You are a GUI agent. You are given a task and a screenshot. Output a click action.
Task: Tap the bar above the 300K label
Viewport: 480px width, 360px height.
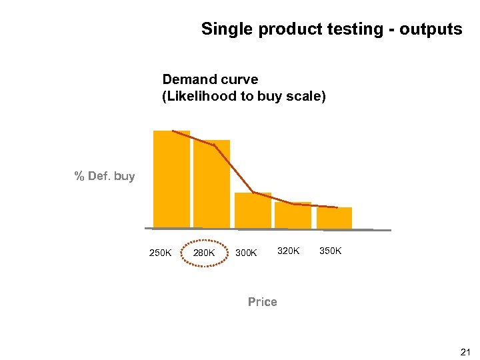[x=253, y=210]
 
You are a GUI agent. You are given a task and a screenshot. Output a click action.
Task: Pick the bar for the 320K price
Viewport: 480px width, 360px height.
[x=293, y=215]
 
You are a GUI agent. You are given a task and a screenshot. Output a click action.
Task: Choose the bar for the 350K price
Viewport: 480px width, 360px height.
[x=334, y=217]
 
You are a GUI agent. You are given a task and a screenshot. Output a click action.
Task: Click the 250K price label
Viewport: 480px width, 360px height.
[x=160, y=253]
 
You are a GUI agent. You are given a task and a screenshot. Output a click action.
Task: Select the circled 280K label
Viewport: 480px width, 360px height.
[x=203, y=253]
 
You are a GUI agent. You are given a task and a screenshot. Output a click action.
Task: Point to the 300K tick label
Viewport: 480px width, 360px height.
[x=246, y=253]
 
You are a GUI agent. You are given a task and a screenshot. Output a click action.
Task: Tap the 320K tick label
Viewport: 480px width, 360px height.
[x=289, y=251]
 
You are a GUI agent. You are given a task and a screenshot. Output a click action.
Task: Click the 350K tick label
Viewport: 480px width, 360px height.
[x=331, y=251]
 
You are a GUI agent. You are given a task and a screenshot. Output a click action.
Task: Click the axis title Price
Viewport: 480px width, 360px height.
[x=262, y=302]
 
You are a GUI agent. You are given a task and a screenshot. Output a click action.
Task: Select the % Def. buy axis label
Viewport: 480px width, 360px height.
[x=104, y=177]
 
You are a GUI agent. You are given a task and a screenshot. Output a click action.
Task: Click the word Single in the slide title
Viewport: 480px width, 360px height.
[x=224, y=29]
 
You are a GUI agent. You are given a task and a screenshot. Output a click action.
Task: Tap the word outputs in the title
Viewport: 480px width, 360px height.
[x=431, y=29]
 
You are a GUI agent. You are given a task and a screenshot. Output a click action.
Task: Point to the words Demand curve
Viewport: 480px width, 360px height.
[x=210, y=80]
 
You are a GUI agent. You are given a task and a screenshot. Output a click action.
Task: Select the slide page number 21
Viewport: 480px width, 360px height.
[x=465, y=351]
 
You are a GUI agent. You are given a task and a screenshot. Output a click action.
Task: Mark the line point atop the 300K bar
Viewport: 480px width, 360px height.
[x=253, y=193]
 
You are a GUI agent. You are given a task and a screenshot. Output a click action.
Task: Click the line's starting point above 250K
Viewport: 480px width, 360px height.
[x=173, y=131]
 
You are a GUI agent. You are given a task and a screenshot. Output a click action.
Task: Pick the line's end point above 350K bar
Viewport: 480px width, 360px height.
[x=337, y=207]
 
